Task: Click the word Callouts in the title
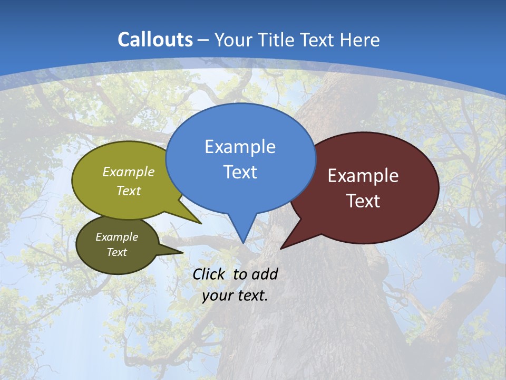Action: click(x=155, y=40)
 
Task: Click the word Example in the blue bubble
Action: click(x=240, y=147)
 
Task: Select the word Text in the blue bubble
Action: click(x=240, y=172)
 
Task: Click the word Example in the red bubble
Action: click(x=363, y=176)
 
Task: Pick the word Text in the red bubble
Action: click(x=363, y=201)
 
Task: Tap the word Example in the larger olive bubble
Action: click(x=129, y=172)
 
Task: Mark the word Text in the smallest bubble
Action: click(x=116, y=252)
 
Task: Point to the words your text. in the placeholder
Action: click(x=235, y=296)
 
